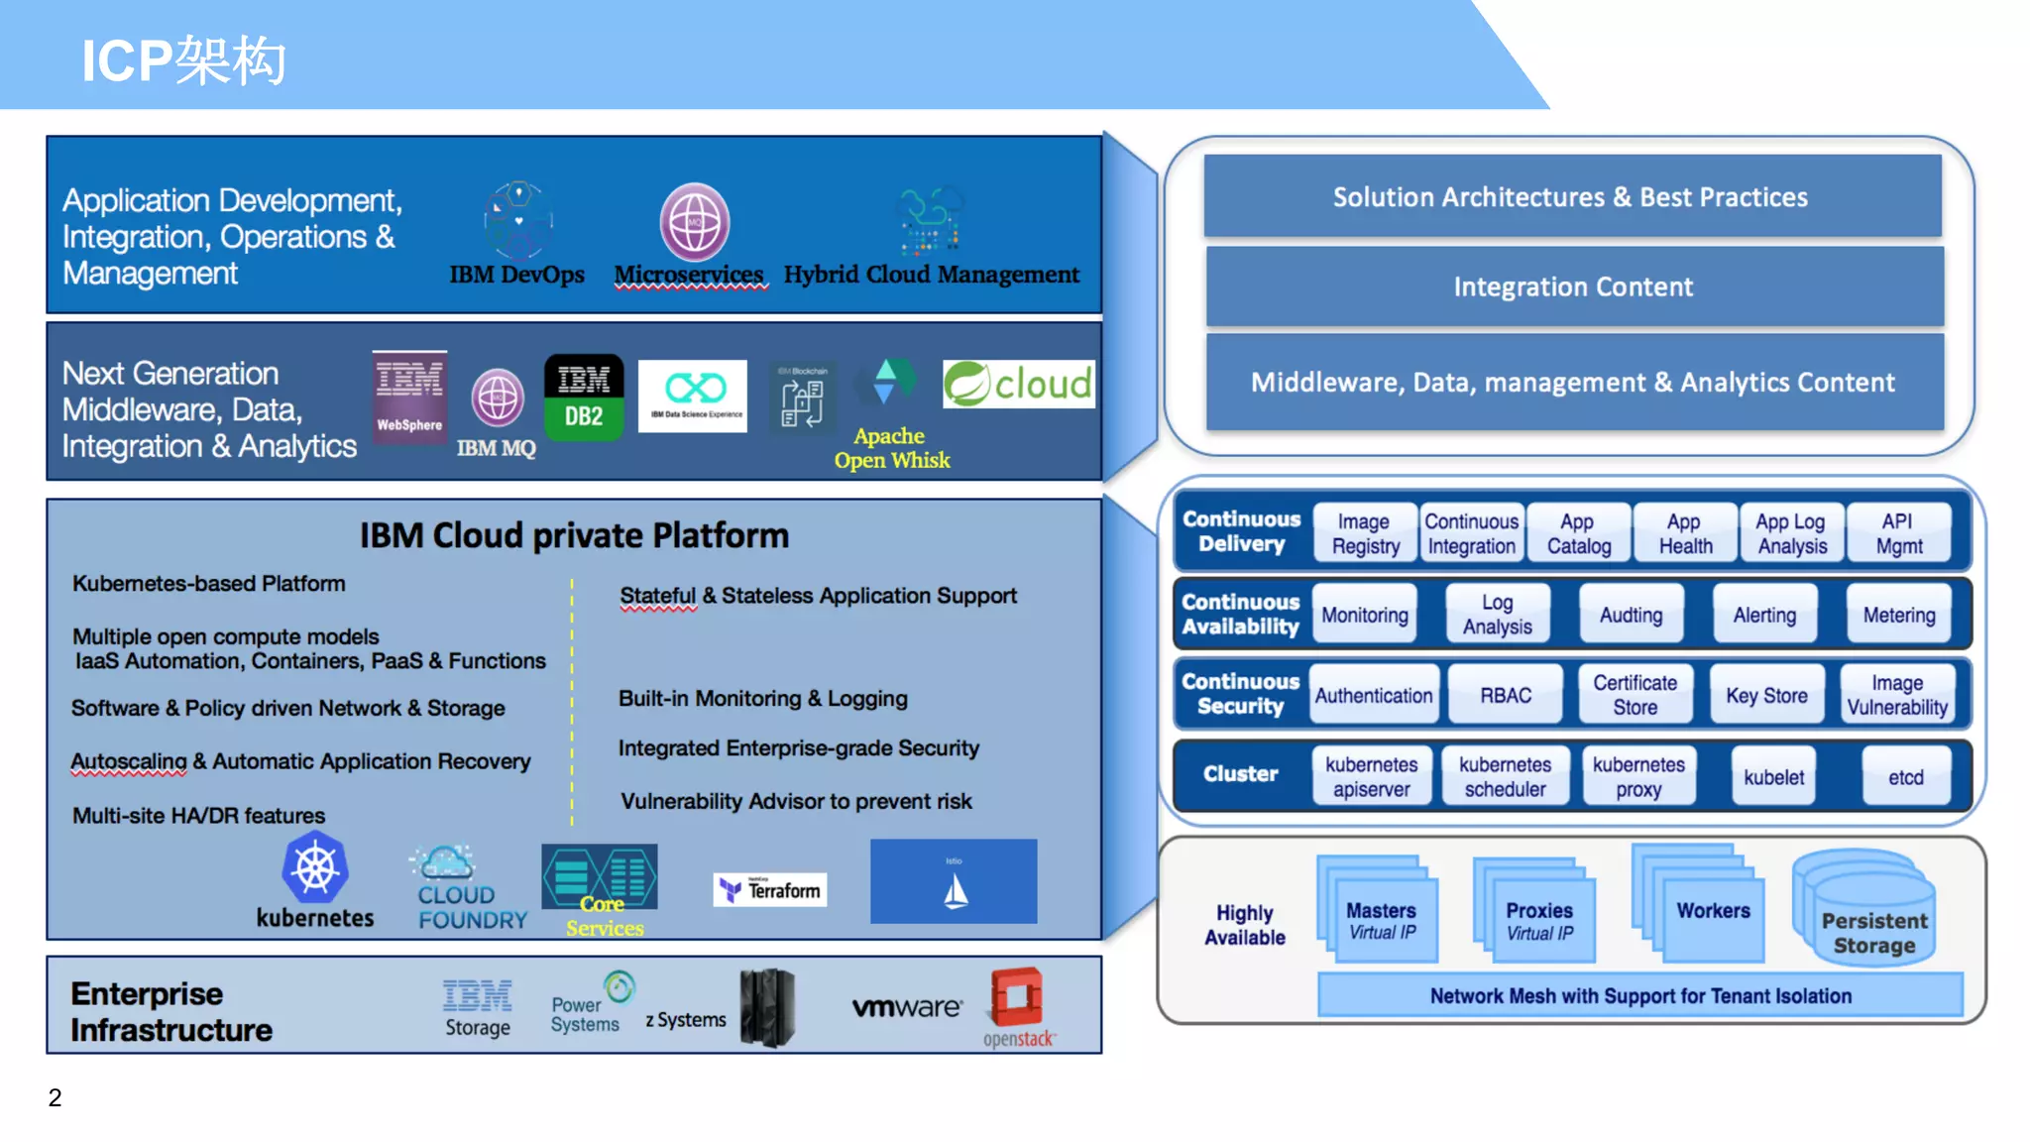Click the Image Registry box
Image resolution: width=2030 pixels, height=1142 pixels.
1365,533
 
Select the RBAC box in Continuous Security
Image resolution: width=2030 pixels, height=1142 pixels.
1505,695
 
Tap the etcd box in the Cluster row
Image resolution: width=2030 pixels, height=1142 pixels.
1905,777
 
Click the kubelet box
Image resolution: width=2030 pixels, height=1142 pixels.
1773,777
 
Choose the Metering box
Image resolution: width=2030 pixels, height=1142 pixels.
1898,615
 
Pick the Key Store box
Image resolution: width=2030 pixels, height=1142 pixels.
1766,695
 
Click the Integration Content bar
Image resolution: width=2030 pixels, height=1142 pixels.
1573,286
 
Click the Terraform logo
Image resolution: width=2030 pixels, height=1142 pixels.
770,890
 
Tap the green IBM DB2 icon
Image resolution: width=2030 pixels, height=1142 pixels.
584,398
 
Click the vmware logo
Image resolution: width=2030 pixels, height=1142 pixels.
906,1007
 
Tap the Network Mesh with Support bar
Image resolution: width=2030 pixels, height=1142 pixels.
1639,995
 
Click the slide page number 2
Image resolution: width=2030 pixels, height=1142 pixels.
56,1097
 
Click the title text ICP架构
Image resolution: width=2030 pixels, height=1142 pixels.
184,60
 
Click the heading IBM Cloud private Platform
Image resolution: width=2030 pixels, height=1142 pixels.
574,536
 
